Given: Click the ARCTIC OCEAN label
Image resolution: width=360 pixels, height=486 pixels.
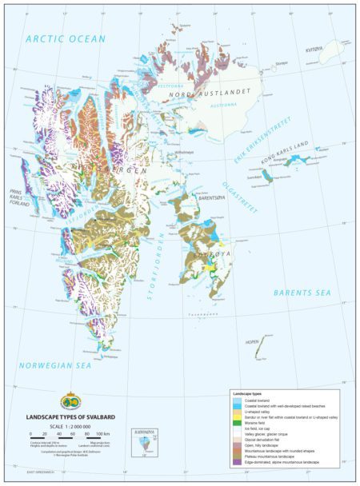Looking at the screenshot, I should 66,38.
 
